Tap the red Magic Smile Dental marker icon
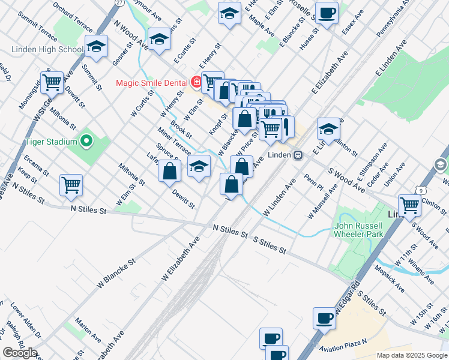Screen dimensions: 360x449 196,82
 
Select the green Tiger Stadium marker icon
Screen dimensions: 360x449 86,142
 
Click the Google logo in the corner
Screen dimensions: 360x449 20,353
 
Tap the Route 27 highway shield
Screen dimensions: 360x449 119,3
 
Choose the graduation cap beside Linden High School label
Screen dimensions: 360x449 96,46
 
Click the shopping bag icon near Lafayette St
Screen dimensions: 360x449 170,171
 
